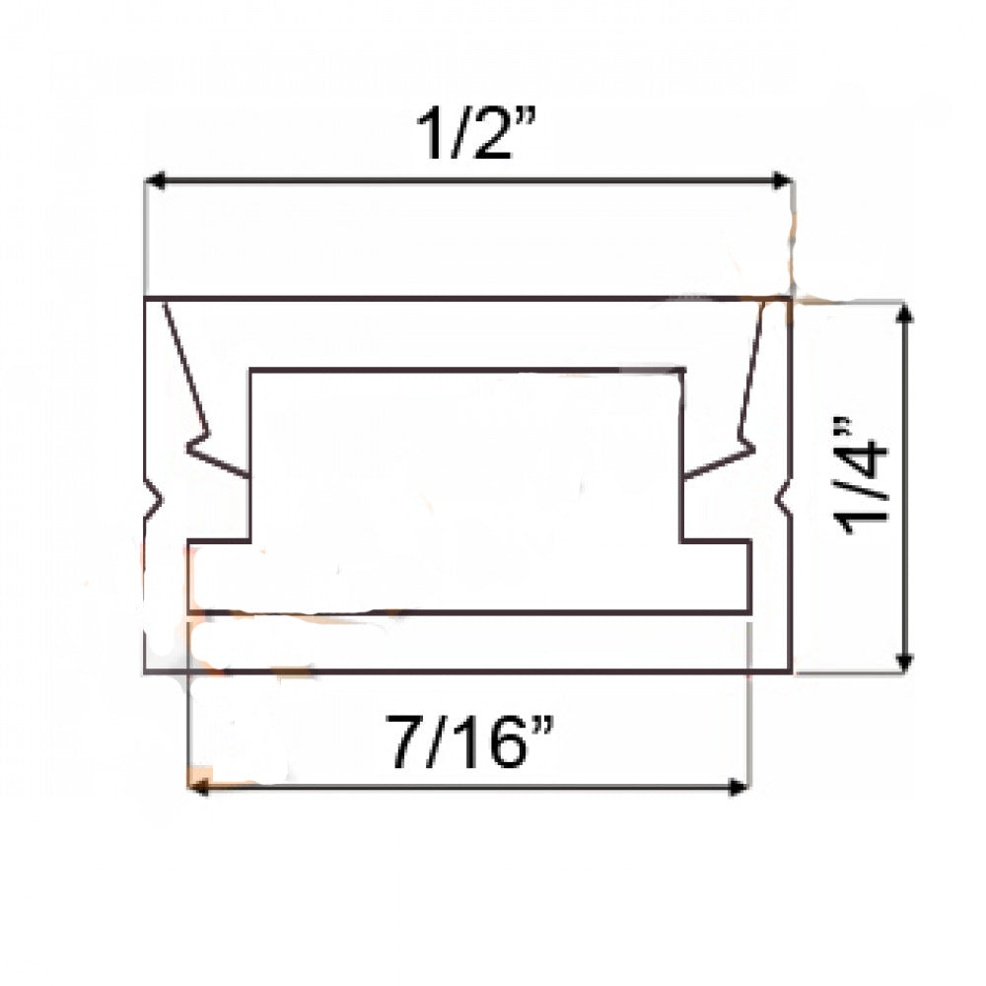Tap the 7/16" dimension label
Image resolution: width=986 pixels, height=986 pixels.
point(468,741)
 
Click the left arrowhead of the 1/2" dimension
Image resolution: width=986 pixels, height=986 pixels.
point(154,180)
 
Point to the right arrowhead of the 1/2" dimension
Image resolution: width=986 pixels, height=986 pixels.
point(783,180)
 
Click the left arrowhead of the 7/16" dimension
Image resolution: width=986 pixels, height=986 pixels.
point(195,786)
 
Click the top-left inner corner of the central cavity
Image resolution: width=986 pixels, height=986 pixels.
point(250,371)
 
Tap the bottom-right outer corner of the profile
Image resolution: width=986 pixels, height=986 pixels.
point(791,672)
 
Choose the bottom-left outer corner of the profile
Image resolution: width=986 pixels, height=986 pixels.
point(145,672)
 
